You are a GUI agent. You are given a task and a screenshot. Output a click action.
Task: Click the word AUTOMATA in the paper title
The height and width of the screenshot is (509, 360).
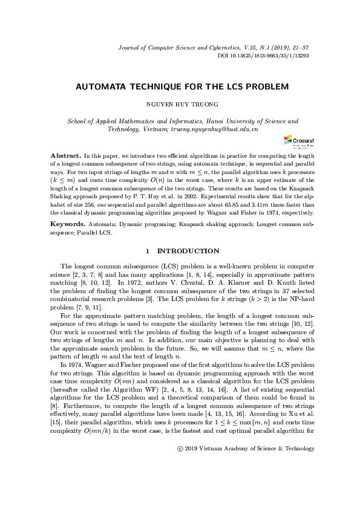97,87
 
